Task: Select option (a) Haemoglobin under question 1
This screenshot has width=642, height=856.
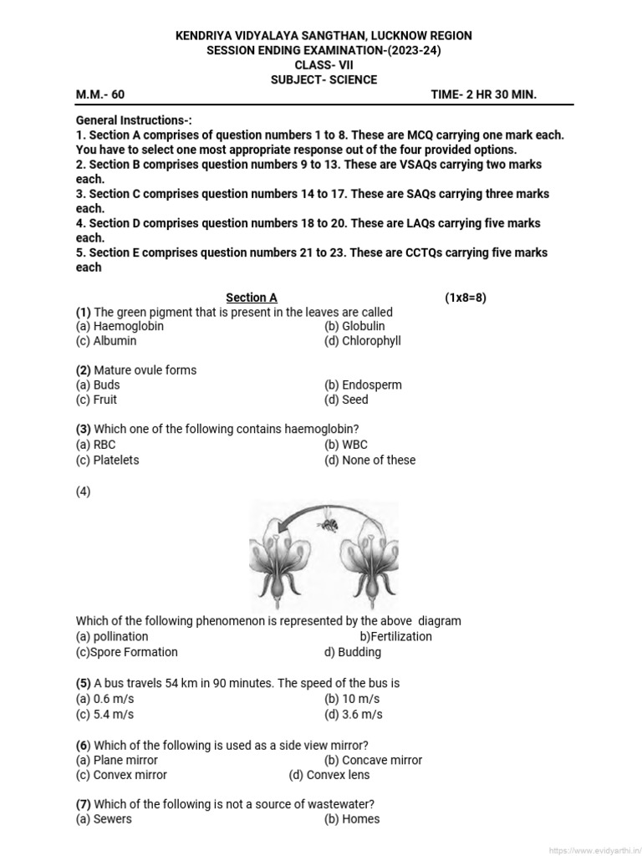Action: tap(120, 326)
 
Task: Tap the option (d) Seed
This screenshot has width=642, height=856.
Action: tap(346, 400)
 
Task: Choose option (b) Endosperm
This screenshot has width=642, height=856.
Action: tap(363, 385)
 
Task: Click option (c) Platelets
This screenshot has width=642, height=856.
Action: tap(107, 460)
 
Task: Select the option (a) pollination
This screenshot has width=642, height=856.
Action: tap(112, 636)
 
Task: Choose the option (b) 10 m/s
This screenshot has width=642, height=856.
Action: tap(352, 699)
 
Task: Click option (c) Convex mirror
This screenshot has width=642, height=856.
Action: tap(121, 775)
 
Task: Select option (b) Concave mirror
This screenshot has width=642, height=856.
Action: tap(373, 760)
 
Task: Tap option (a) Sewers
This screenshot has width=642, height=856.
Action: tap(104, 819)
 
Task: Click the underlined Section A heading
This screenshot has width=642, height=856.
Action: tap(252, 298)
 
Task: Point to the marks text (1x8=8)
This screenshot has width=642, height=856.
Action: tap(465, 298)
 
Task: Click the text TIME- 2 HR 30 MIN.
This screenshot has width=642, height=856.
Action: tap(483, 94)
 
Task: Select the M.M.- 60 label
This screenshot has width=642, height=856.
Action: tap(100, 94)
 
